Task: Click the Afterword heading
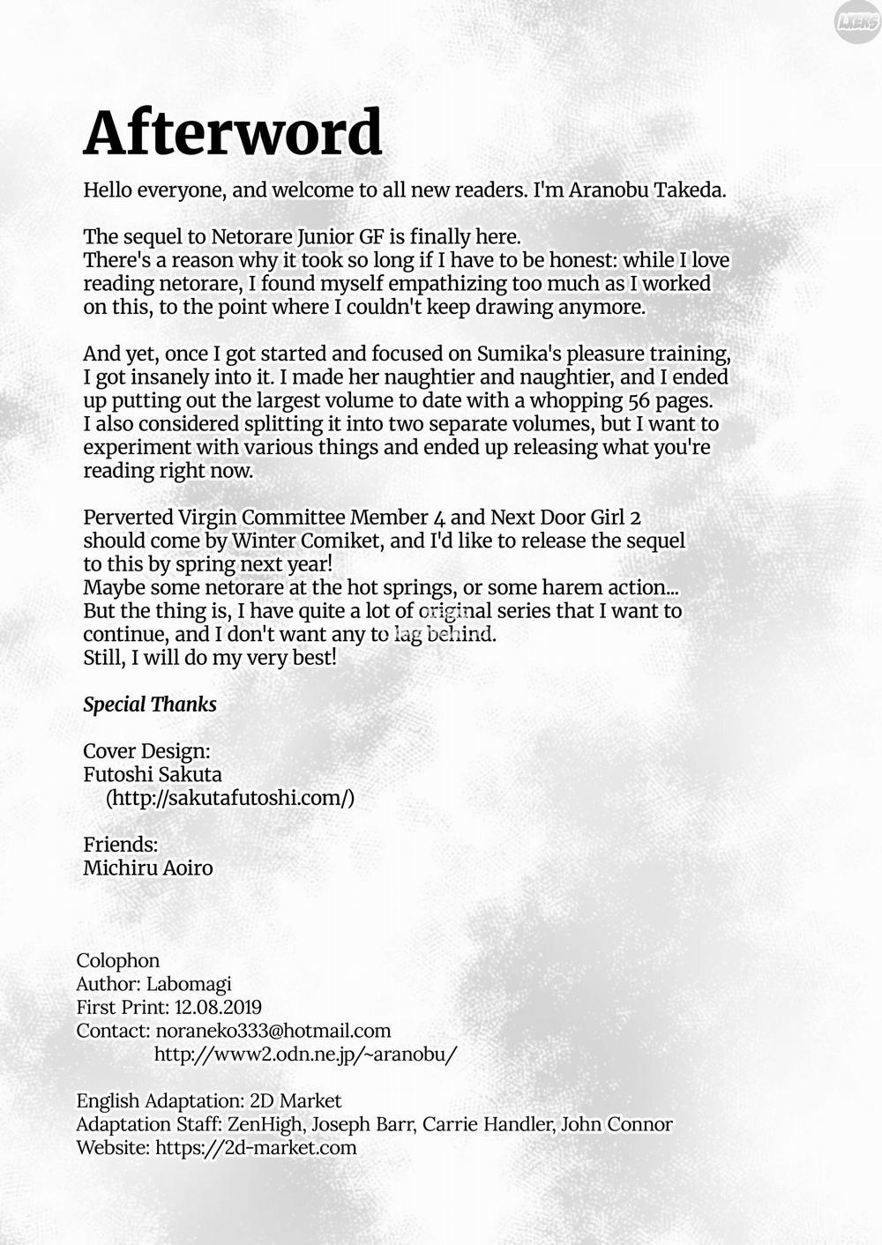pyautogui.click(x=233, y=133)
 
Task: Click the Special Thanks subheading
pyautogui.click(x=150, y=705)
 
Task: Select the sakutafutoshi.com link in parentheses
pyautogui.click(x=230, y=798)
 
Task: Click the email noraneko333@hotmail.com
pyautogui.click(x=273, y=1031)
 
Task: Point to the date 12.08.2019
pyautogui.click(x=218, y=1007)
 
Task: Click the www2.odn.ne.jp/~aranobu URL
pyautogui.click(x=305, y=1055)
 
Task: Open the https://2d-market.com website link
pyautogui.click(x=256, y=1147)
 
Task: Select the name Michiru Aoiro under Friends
pyautogui.click(x=148, y=868)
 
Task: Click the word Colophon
pyautogui.click(x=118, y=960)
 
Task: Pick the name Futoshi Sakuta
pyautogui.click(x=153, y=775)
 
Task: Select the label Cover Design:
pyautogui.click(x=146, y=751)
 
